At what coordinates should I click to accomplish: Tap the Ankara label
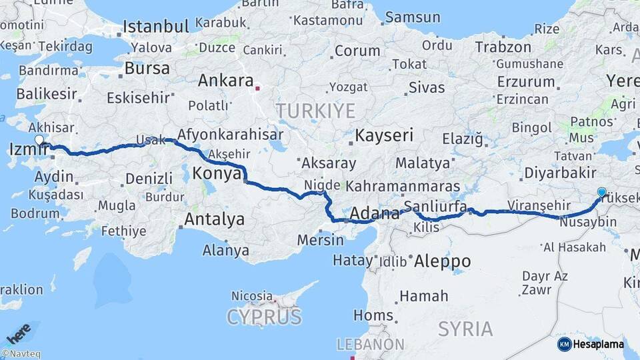pyautogui.click(x=225, y=81)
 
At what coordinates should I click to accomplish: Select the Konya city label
pyautogui.click(x=217, y=174)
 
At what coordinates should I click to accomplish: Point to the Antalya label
pyautogui.click(x=214, y=219)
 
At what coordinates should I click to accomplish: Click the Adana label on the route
pyautogui.click(x=374, y=213)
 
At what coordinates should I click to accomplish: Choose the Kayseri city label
pyautogui.click(x=383, y=136)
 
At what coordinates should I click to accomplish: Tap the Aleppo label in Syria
pyautogui.click(x=442, y=261)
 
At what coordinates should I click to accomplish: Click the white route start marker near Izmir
pyautogui.click(x=39, y=141)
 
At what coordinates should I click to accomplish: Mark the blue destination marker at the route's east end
pyautogui.click(x=602, y=193)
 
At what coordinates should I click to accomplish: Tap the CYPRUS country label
pyautogui.click(x=264, y=317)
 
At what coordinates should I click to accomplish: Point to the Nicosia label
pyautogui.click(x=252, y=295)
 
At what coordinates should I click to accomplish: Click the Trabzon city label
pyautogui.click(x=503, y=47)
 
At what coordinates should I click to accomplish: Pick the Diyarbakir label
pyautogui.click(x=559, y=173)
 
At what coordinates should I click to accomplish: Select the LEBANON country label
pyautogui.click(x=370, y=344)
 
